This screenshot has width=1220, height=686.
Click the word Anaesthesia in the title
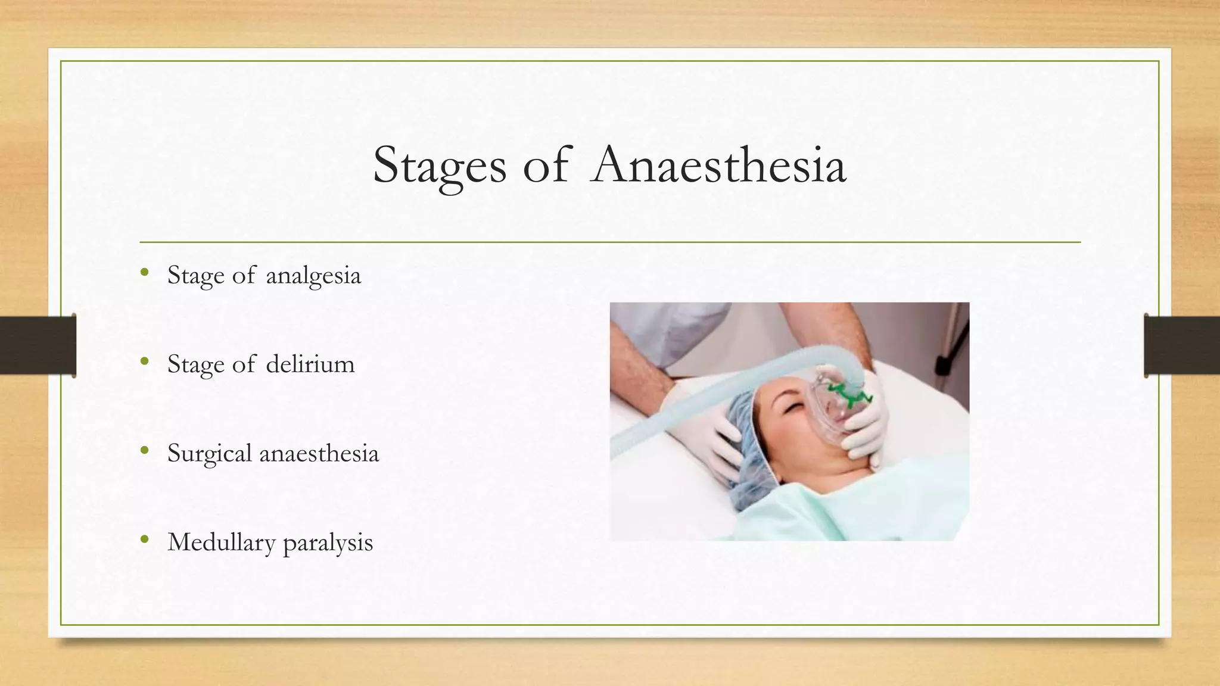[x=719, y=165]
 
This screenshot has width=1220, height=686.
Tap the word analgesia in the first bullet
[x=313, y=276]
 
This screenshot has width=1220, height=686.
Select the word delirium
[x=310, y=364]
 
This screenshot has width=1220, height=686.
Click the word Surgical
[x=210, y=454]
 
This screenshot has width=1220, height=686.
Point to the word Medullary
[x=222, y=542]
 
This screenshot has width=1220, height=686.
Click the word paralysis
[x=328, y=542]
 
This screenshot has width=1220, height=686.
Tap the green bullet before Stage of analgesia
[x=144, y=273]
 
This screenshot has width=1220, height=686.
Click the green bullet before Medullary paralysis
[x=144, y=540]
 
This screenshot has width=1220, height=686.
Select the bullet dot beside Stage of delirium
[x=144, y=361]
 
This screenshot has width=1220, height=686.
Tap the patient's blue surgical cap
[x=757, y=453]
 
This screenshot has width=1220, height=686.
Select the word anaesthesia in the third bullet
[x=319, y=454]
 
